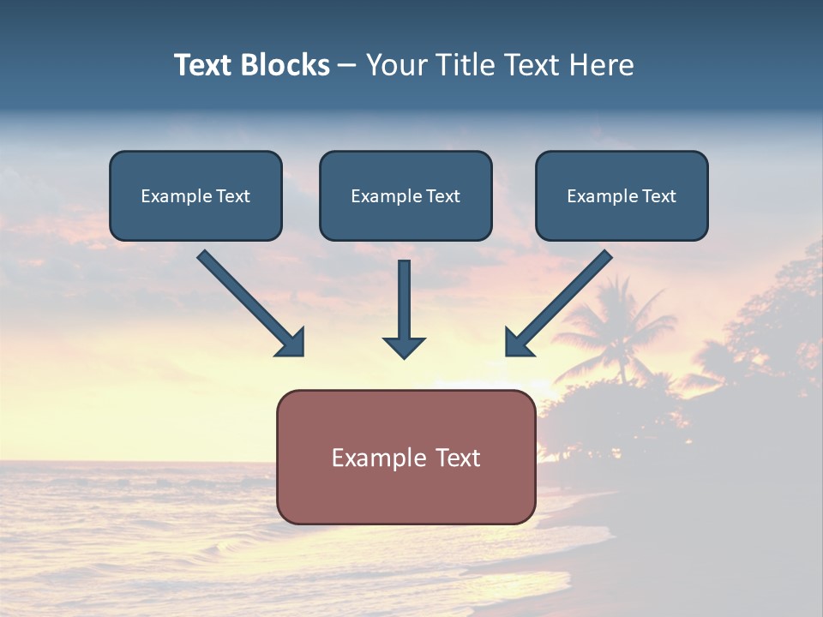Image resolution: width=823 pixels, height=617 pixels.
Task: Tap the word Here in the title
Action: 602,65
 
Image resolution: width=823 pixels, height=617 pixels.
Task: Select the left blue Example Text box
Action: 195,196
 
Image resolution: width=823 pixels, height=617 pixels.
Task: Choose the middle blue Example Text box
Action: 405,196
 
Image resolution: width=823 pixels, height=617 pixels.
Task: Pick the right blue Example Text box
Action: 622,196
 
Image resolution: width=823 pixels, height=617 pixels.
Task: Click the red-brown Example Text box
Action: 405,458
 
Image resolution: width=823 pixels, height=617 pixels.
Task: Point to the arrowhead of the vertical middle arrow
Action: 404,346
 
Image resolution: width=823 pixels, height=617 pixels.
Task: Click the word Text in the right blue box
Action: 658,196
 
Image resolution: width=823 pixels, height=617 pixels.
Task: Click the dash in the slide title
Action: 347,65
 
